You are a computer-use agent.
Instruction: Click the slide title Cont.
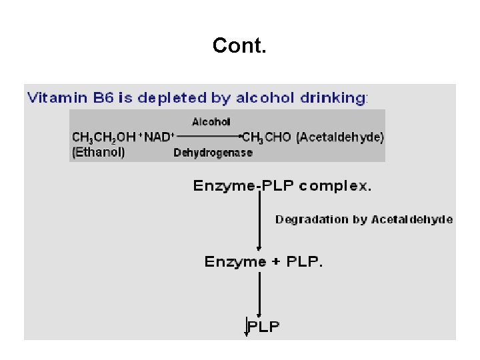[239, 45]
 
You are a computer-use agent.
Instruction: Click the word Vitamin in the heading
[55, 98]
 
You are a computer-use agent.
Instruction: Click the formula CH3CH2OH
[103, 137]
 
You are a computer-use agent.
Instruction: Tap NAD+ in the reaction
[159, 137]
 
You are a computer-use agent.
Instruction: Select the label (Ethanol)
[99, 151]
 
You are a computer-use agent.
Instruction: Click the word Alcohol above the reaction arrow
[211, 121]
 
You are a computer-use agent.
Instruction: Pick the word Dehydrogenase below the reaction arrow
[213, 153]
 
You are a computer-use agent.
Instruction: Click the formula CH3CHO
[267, 137]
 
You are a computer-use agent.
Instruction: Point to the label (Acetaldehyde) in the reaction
[340, 137]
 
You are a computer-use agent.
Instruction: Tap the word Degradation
[312, 219]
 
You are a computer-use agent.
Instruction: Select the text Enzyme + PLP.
[264, 262]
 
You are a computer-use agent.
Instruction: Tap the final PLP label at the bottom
[264, 326]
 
